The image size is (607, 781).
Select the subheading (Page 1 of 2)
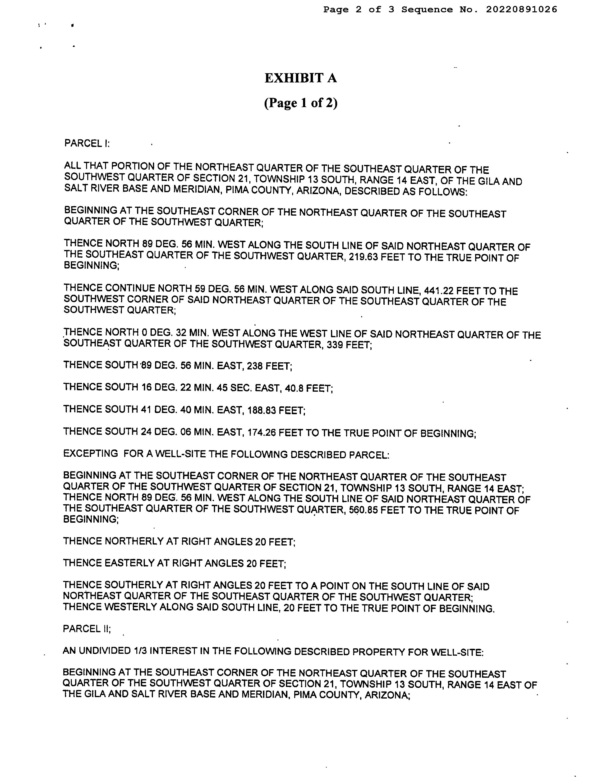(301, 103)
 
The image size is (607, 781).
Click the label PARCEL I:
(87, 143)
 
